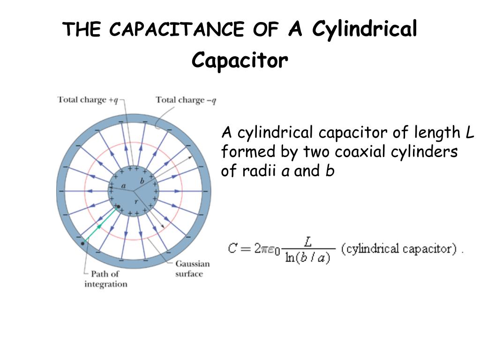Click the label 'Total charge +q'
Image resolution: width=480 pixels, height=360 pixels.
88,100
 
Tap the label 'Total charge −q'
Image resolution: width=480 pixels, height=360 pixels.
186,100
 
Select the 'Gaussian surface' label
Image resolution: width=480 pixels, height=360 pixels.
192,269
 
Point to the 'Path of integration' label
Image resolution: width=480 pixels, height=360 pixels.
105,279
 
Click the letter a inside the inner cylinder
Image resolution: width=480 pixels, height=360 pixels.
124,186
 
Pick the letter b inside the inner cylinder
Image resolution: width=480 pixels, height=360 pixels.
142,180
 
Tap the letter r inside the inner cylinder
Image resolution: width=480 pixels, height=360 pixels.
136,202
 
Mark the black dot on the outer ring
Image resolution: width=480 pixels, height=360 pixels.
83,243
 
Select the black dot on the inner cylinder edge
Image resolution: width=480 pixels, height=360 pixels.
118,206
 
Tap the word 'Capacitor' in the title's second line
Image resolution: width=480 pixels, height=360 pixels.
240,60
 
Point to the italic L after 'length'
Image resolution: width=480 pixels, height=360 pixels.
470,133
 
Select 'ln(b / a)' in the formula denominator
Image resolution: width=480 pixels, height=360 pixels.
307,257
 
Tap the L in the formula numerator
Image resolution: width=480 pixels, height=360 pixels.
307,241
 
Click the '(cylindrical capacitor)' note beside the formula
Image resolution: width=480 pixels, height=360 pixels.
398,248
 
